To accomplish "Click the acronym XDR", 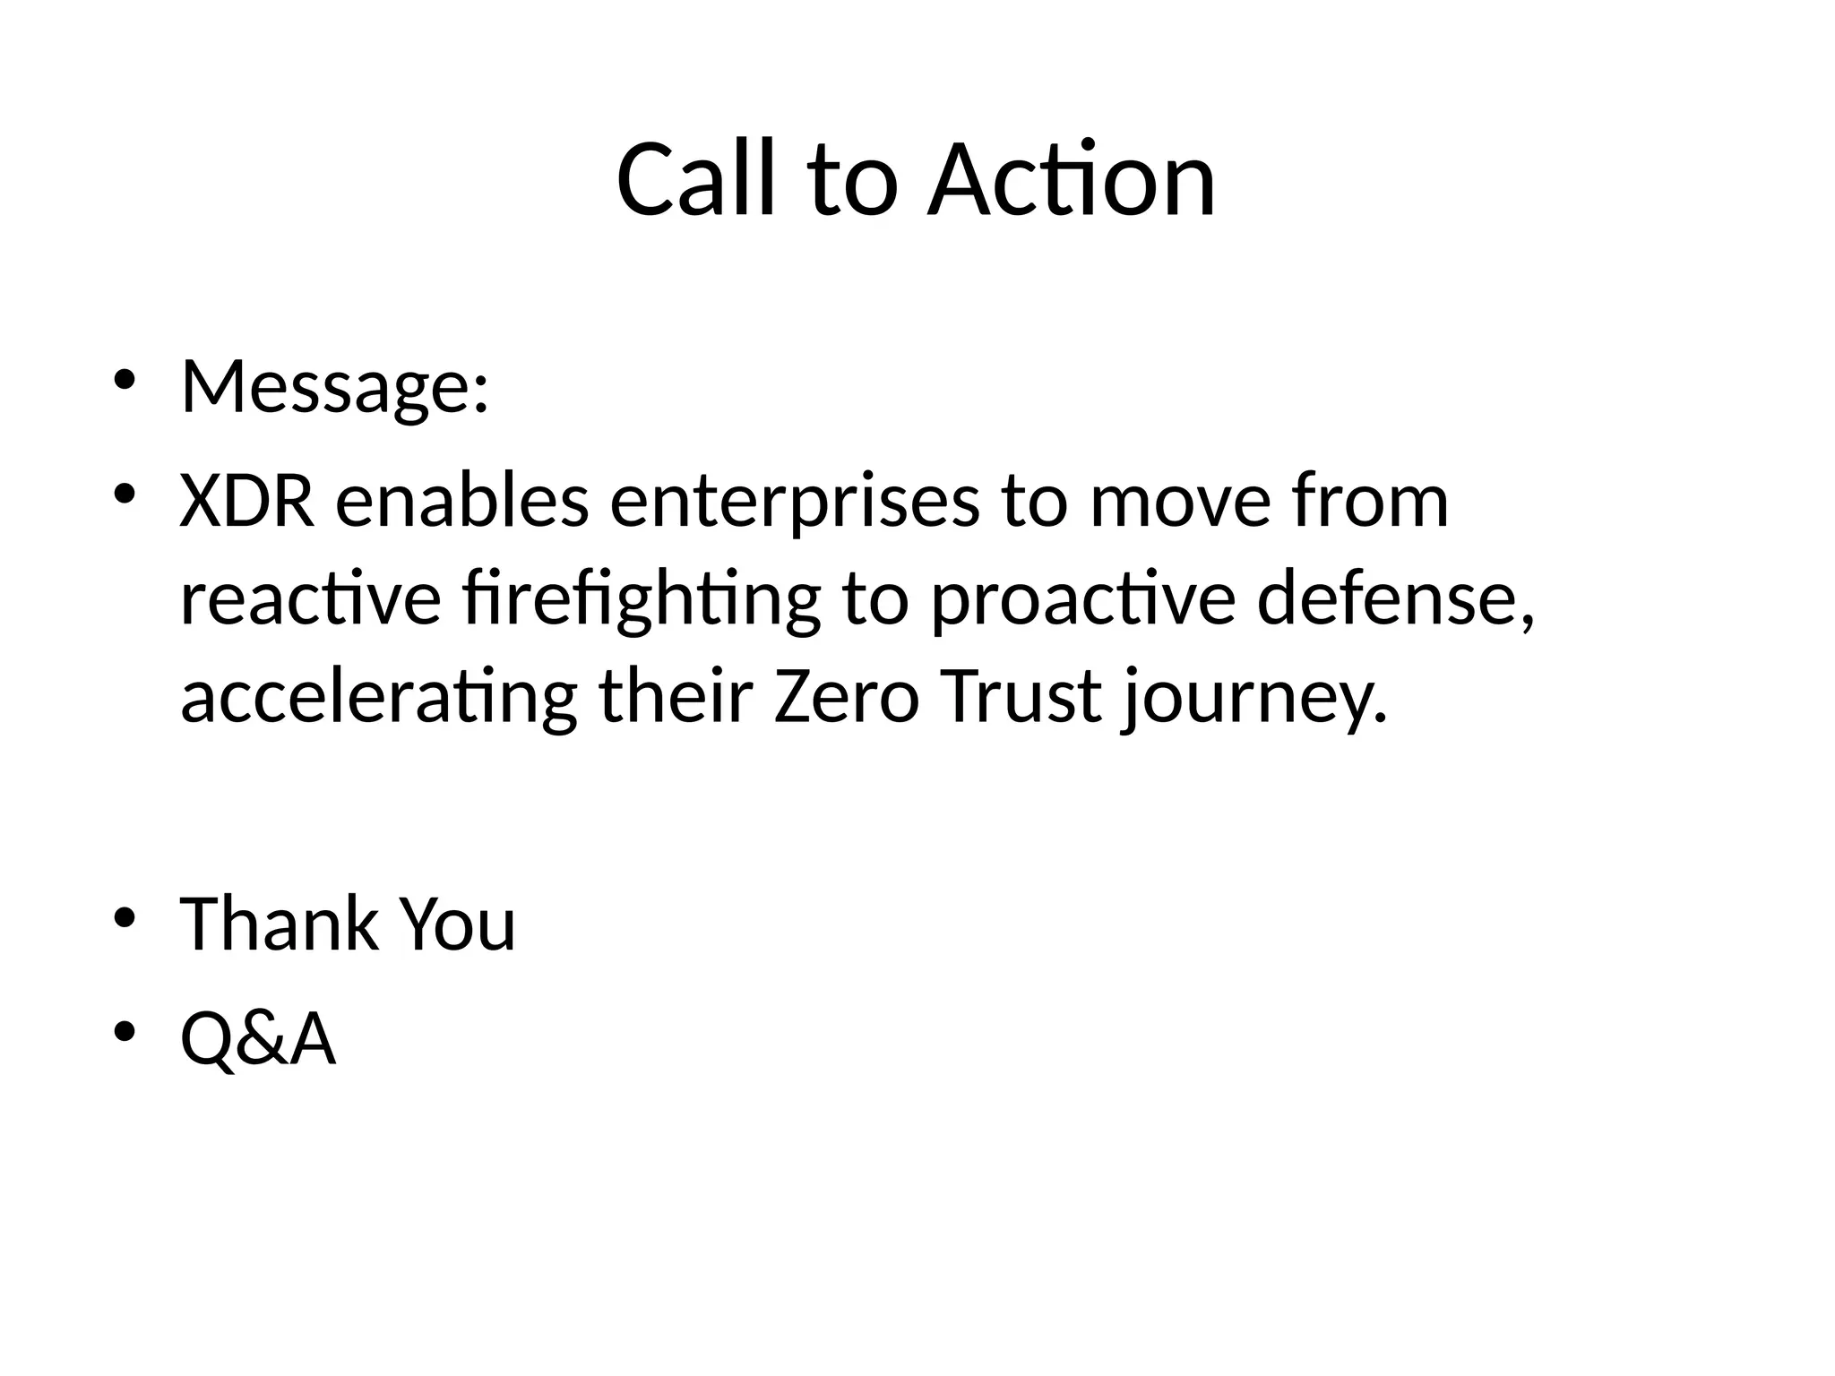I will tap(247, 502).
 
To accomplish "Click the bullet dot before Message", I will tap(125, 379).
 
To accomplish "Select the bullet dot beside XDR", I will tap(125, 494).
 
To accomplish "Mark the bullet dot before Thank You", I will tap(125, 916).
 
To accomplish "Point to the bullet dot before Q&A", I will tap(125, 1031).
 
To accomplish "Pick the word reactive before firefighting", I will tap(310, 600).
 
